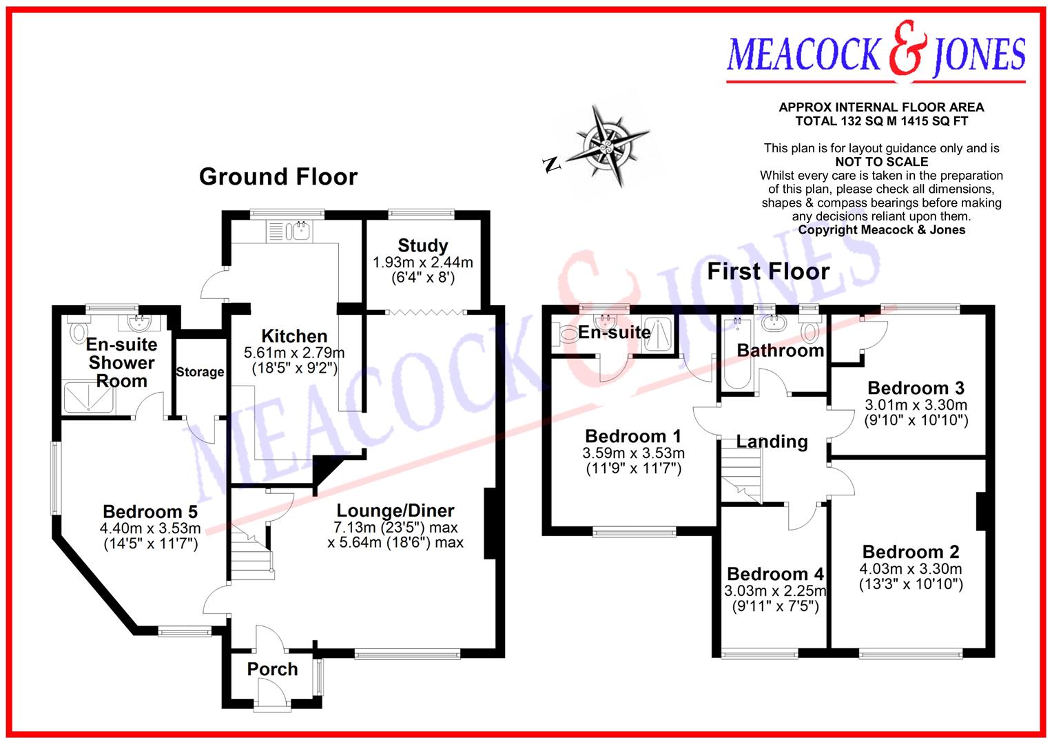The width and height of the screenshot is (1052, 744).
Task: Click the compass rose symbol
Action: pyautogui.click(x=606, y=145)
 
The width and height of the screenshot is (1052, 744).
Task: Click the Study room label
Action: pyautogui.click(x=422, y=245)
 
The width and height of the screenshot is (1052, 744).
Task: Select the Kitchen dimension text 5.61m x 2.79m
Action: pyautogui.click(x=294, y=353)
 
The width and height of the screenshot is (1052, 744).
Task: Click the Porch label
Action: pyautogui.click(x=272, y=669)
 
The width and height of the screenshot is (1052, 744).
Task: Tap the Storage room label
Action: pyautogui.click(x=200, y=372)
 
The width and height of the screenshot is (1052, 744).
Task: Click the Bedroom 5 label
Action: pyautogui.click(x=150, y=511)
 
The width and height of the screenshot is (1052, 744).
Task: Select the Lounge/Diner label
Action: pyautogui.click(x=395, y=510)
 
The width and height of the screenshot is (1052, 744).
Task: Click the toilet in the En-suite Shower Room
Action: pyautogui.click(x=77, y=330)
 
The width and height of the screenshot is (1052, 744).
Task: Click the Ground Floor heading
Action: pyautogui.click(x=278, y=177)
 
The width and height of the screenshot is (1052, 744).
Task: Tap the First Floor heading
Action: pyautogui.click(x=768, y=271)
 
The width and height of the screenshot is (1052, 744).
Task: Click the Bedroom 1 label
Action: pyautogui.click(x=632, y=436)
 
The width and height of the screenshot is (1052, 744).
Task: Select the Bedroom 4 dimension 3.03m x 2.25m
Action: pyautogui.click(x=775, y=591)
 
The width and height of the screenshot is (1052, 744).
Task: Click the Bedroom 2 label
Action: pyautogui.click(x=910, y=552)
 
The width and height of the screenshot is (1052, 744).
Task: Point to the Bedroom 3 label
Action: pyautogui.click(x=916, y=388)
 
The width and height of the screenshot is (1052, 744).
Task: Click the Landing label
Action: pyautogui.click(x=772, y=442)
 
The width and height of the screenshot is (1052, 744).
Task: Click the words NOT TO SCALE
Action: pyautogui.click(x=881, y=162)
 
